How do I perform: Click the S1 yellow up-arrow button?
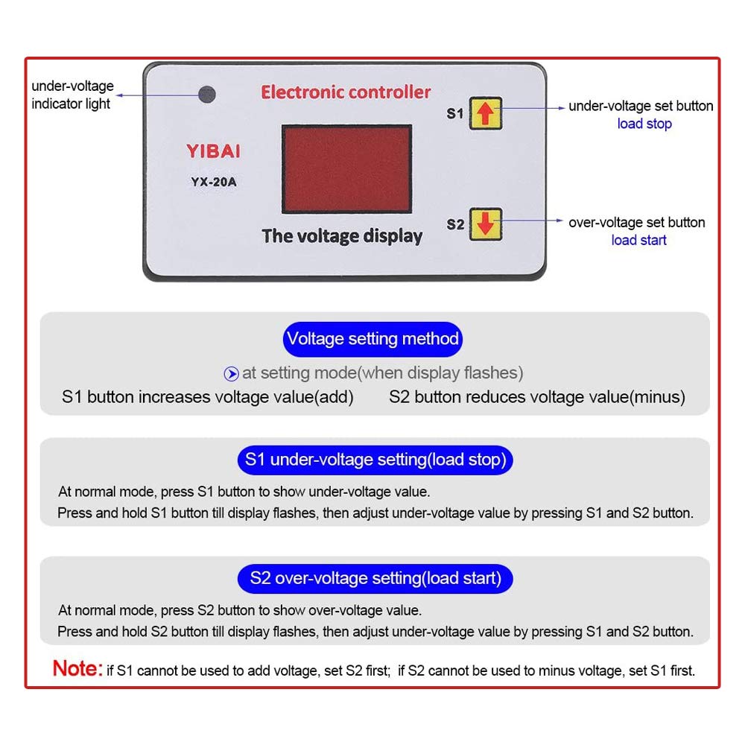[x=485, y=113]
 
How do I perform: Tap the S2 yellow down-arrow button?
[x=485, y=223]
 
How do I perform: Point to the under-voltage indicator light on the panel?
[x=206, y=95]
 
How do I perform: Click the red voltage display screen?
[x=346, y=168]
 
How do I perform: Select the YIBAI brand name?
[x=212, y=152]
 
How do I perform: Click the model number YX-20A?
[x=212, y=180]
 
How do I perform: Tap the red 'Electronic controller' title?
[x=346, y=92]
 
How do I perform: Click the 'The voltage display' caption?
[x=342, y=236]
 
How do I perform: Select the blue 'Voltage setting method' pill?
[x=372, y=339]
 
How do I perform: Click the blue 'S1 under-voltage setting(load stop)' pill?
[x=375, y=460]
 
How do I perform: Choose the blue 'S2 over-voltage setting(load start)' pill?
[x=375, y=577]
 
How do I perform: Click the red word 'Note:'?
[x=77, y=668]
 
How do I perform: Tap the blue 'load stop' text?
[x=644, y=124]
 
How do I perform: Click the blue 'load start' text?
[x=638, y=240]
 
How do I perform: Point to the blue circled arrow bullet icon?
[x=232, y=373]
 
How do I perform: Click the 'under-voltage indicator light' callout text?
[x=72, y=95]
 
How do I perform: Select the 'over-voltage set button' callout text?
[x=636, y=222]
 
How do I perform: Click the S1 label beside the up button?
[x=454, y=114]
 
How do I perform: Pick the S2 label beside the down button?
[x=454, y=224]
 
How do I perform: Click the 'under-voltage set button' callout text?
[x=641, y=106]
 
